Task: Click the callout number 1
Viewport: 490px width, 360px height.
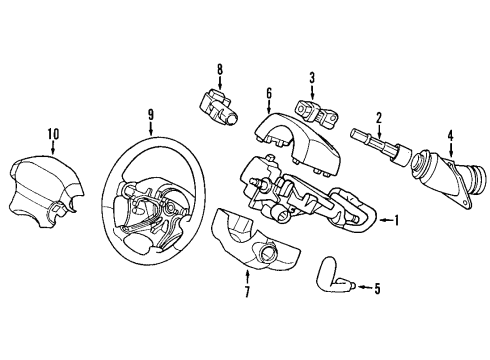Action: (x=397, y=221)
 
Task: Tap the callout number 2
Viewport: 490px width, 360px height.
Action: (x=379, y=118)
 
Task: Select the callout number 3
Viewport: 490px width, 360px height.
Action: (x=311, y=78)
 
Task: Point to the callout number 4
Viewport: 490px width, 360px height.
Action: (x=450, y=136)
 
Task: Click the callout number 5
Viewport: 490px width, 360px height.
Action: (x=376, y=289)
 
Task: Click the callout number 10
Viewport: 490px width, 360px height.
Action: (x=53, y=133)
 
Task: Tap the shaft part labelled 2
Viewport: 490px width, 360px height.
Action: (x=379, y=147)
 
